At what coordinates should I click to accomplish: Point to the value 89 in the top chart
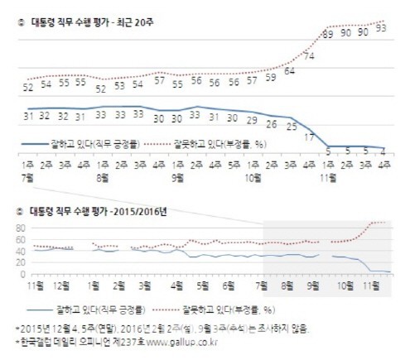pyautogui.click(x=328, y=33)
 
